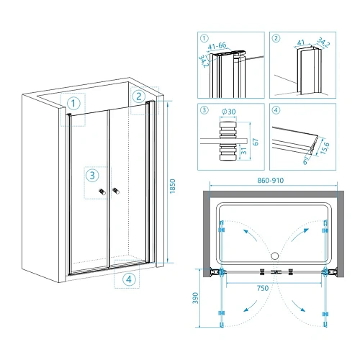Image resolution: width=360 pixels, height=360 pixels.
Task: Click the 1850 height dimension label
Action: pos(172,186)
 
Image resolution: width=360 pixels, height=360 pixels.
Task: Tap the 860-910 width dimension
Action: pos(271,180)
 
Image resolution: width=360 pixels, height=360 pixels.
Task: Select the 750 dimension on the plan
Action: pos(263,288)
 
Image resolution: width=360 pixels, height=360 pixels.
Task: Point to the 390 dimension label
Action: pos(196,298)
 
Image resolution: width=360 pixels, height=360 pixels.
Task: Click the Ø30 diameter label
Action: pos(228,112)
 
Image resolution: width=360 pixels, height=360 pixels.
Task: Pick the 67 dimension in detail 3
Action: pos(256,142)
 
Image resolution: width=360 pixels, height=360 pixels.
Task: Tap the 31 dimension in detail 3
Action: pos(243,151)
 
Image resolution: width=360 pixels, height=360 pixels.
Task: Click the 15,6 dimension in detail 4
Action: pos(325,148)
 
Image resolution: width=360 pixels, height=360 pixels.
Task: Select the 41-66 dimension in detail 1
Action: pos(217,45)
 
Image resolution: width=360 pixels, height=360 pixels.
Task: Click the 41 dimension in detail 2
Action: pos(301,42)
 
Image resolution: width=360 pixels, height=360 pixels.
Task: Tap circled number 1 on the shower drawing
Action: pos(73,104)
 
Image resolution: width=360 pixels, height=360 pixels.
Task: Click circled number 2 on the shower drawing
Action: pos(139,96)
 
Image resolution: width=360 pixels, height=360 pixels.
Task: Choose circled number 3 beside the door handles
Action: pos(92,176)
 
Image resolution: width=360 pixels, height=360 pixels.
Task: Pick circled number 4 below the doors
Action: pos(129,279)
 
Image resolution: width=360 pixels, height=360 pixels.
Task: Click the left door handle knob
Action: pos(102,192)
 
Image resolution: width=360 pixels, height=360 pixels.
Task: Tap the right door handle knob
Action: pos(116,191)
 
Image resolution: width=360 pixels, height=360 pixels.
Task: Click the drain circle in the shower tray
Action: pos(275,256)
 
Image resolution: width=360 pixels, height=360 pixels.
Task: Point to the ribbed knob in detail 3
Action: pos(228,141)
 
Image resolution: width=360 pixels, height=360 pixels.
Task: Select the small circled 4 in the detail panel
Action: pos(276,110)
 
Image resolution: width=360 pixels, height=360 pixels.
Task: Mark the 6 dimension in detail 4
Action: pos(305,161)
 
